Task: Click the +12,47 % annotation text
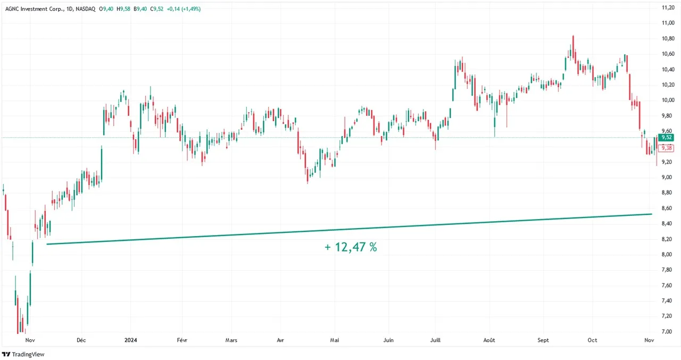click(x=351, y=247)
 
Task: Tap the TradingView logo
click(x=23, y=354)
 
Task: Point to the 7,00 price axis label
click(x=667, y=332)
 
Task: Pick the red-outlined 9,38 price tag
click(x=666, y=148)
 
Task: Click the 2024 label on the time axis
click(x=130, y=340)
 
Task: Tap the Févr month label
click(x=181, y=340)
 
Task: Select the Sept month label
click(x=543, y=340)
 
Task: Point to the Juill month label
click(x=435, y=340)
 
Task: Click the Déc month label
click(x=81, y=340)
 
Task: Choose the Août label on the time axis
click(x=489, y=340)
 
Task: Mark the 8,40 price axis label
click(x=667, y=224)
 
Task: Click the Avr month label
click(x=280, y=340)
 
